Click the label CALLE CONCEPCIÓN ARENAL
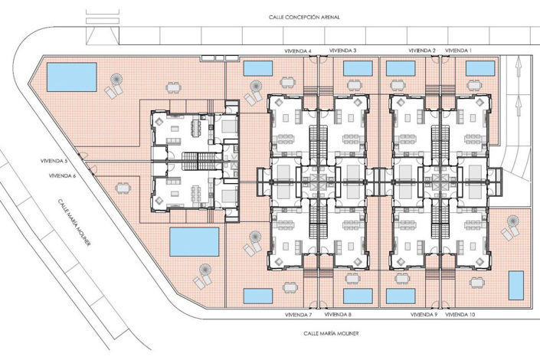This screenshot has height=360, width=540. pos(304,17)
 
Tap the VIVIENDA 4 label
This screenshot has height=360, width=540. pos(299,51)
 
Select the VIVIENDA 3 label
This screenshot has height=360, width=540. pos(343,51)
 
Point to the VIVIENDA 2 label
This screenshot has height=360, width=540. pos(422,51)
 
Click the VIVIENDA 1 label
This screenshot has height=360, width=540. pos(460,51)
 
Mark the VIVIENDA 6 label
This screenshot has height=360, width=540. pos(62,175)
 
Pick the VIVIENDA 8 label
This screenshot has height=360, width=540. pos(339,315)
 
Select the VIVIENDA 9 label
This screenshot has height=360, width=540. pos(424,315)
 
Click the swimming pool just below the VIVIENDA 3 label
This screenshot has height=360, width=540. pos(358,68)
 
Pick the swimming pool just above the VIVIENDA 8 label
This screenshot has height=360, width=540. pos(358,296)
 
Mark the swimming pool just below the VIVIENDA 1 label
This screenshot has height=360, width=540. pos(480,68)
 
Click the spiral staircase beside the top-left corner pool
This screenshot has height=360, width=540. pos(119,79)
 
